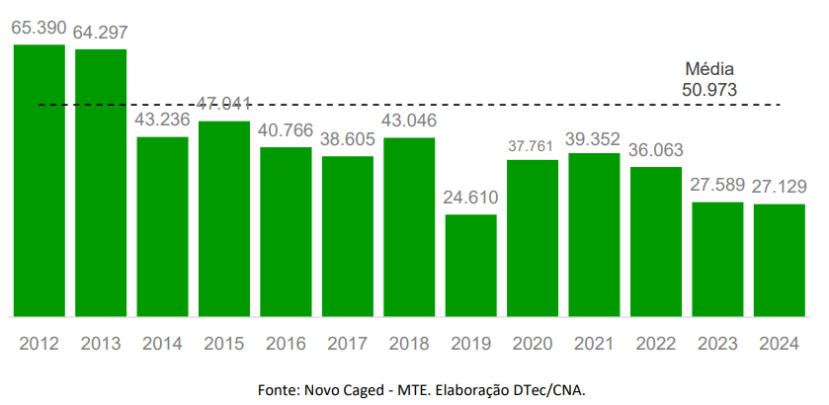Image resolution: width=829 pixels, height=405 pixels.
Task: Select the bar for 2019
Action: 471,265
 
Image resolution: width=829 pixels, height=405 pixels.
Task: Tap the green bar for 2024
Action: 780,260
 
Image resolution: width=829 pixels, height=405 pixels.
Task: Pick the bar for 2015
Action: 224,218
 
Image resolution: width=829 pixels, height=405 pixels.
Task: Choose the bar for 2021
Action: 594,234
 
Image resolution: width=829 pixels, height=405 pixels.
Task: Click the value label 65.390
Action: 39,28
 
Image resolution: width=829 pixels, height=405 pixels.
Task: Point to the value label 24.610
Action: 471,198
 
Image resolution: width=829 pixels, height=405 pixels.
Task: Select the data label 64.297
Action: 101,32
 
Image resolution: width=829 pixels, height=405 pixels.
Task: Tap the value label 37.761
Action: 533,145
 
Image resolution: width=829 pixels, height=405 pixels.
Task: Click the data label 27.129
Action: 780,187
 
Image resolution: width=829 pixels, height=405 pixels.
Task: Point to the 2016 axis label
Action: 286,344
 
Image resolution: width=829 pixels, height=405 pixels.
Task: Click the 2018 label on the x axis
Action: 409,344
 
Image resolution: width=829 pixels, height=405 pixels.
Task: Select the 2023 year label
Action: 717,344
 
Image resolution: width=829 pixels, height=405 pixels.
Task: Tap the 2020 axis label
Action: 533,344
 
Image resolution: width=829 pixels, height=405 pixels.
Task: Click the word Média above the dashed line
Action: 709,70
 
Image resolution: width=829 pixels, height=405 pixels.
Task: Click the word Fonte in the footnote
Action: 278,389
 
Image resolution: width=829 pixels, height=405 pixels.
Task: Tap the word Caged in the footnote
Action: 373,389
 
